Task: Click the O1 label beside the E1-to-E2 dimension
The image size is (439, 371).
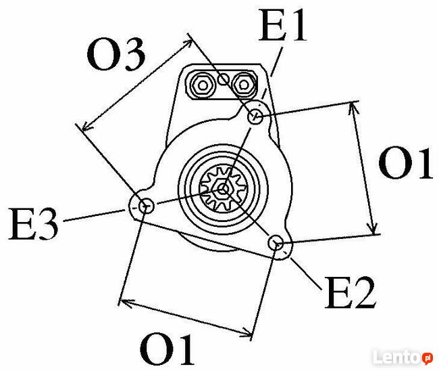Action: [x=405, y=164]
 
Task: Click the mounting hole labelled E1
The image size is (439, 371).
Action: [x=256, y=117]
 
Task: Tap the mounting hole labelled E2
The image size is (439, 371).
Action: [x=276, y=243]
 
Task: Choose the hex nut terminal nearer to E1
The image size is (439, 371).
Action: [x=242, y=85]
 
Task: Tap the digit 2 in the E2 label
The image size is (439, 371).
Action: [x=363, y=293]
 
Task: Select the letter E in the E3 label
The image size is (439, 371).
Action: [x=22, y=223]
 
